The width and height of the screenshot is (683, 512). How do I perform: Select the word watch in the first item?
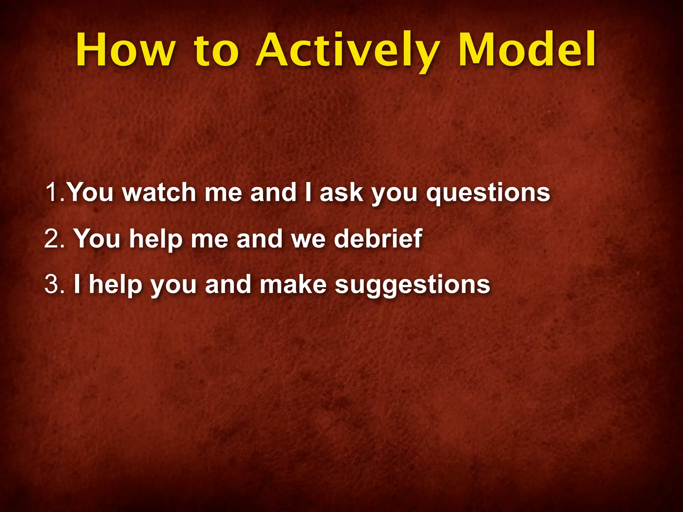tap(159, 192)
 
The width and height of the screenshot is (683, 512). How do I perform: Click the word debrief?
tap(378, 238)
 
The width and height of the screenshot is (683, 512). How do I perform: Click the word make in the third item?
tap(293, 284)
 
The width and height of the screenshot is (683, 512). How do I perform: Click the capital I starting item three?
tap(77, 284)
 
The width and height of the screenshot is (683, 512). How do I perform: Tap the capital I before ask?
tap(308, 192)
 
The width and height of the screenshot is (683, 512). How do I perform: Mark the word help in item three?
tap(115, 285)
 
